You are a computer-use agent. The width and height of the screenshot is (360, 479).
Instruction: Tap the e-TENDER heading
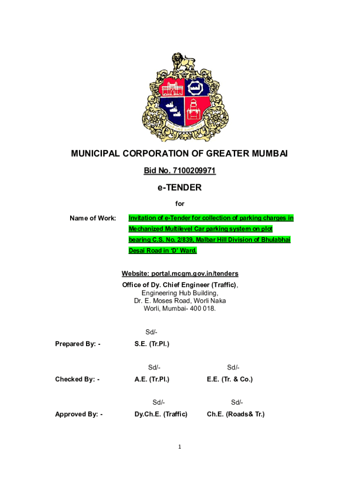click(x=180, y=188)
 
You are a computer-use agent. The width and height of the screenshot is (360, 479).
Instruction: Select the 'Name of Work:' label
click(x=93, y=218)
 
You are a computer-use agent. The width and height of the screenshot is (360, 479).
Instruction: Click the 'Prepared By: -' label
click(x=78, y=344)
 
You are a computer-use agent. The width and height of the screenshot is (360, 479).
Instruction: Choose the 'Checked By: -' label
click(x=77, y=379)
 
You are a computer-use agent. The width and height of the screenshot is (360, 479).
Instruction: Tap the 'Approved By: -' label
click(x=79, y=414)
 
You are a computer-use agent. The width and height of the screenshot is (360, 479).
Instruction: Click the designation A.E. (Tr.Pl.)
click(x=151, y=379)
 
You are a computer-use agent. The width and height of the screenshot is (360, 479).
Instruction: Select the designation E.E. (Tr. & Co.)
click(x=230, y=379)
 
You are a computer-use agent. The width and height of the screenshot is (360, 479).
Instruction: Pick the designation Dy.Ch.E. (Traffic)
click(x=161, y=414)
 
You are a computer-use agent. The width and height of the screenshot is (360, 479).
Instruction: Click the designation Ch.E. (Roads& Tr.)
click(x=235, y=414)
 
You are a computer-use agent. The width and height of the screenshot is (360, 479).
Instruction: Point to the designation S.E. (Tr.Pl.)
click(x=151, y=344)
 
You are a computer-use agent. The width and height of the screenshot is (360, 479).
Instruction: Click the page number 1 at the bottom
click(x=180, y=447)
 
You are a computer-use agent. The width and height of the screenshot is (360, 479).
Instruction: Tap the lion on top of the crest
click(x=179, y=61)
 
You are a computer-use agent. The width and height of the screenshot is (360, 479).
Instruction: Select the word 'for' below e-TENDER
click(x=180, y=204)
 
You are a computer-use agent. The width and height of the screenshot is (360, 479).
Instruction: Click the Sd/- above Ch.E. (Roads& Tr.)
click(x=237, y=403)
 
